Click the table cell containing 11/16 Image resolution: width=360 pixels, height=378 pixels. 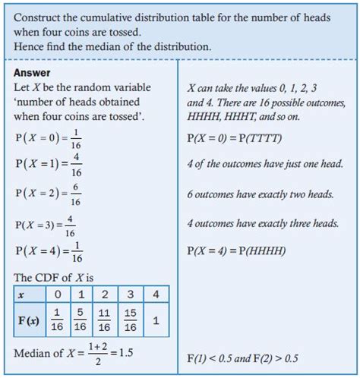[106, 320]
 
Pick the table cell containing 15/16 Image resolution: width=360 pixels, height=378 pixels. [131, 320]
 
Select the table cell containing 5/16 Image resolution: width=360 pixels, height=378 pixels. [80, 320]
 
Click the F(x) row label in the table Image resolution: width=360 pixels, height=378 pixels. [28, 320]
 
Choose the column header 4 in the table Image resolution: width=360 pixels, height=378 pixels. [156, 295]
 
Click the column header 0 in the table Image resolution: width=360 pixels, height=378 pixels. [55, 295]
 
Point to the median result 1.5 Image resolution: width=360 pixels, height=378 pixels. [128, 354]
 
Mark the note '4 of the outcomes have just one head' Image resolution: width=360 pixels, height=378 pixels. [264, 164]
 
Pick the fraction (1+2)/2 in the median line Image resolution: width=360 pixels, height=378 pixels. [98, 354]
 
